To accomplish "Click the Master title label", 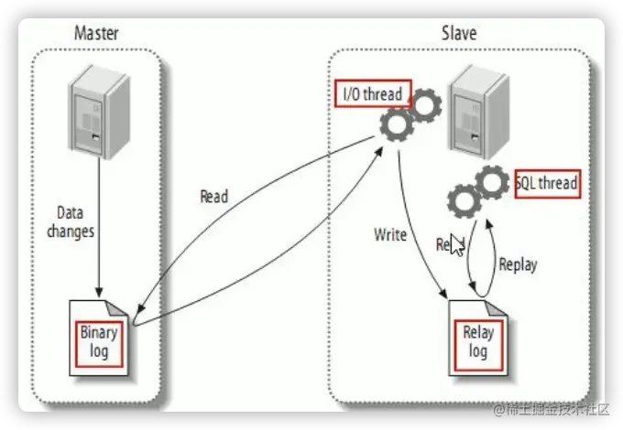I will (x=95, y=35).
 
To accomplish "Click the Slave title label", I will (x=457, y=35).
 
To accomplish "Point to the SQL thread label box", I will (x=547, y=183).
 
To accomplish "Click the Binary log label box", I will (x=99, y=341).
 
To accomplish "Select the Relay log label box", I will (x=478, y=339).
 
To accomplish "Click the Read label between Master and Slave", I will (x=213, y=196).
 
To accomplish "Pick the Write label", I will (x=390, y=234).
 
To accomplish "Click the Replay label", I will (x=518, y=264).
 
